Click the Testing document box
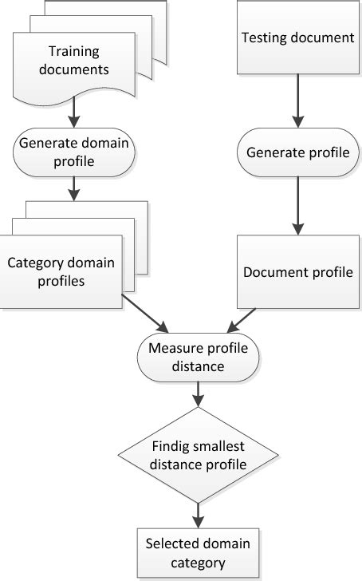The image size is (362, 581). tap(297, 38)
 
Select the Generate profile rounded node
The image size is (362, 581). tap(297, 152)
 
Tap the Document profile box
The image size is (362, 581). tap(297, 271)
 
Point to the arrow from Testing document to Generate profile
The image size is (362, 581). tap(297, 100)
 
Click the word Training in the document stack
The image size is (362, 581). tap(67, 52)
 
